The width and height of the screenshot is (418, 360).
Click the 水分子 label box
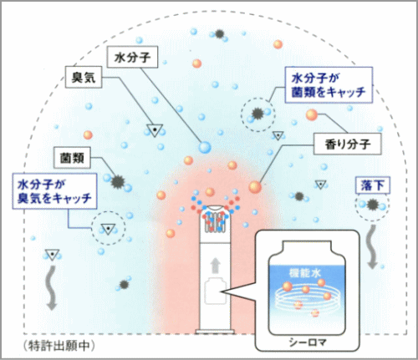(132, 58)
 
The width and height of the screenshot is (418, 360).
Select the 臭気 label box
(84, 77)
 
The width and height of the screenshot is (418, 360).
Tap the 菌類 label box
(72, 158)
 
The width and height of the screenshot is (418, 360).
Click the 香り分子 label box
(347, 144)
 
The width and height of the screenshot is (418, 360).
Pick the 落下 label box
(373, 185)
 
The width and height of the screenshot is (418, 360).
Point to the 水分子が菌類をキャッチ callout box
(329, 85)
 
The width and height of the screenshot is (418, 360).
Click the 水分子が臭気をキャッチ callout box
(54, 191)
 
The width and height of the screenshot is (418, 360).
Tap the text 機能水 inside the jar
(305, 273)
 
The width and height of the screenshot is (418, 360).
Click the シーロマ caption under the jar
(308, 342)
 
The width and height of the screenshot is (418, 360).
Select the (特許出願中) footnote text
(59, 346)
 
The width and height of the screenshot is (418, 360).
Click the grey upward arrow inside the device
(215, 266)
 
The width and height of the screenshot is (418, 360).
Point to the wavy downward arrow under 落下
(372, 246)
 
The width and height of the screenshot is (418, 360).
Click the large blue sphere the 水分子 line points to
(205, 147)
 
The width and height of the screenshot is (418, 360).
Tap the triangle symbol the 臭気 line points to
(155, 130)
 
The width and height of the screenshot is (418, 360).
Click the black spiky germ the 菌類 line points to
(118, 182)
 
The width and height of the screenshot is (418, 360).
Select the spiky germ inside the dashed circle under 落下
(372, 205)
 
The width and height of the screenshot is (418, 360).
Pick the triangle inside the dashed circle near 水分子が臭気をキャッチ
(108, 229)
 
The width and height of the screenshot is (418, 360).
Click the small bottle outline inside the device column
(215, 292)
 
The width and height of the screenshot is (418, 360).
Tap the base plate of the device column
(215, 332)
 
